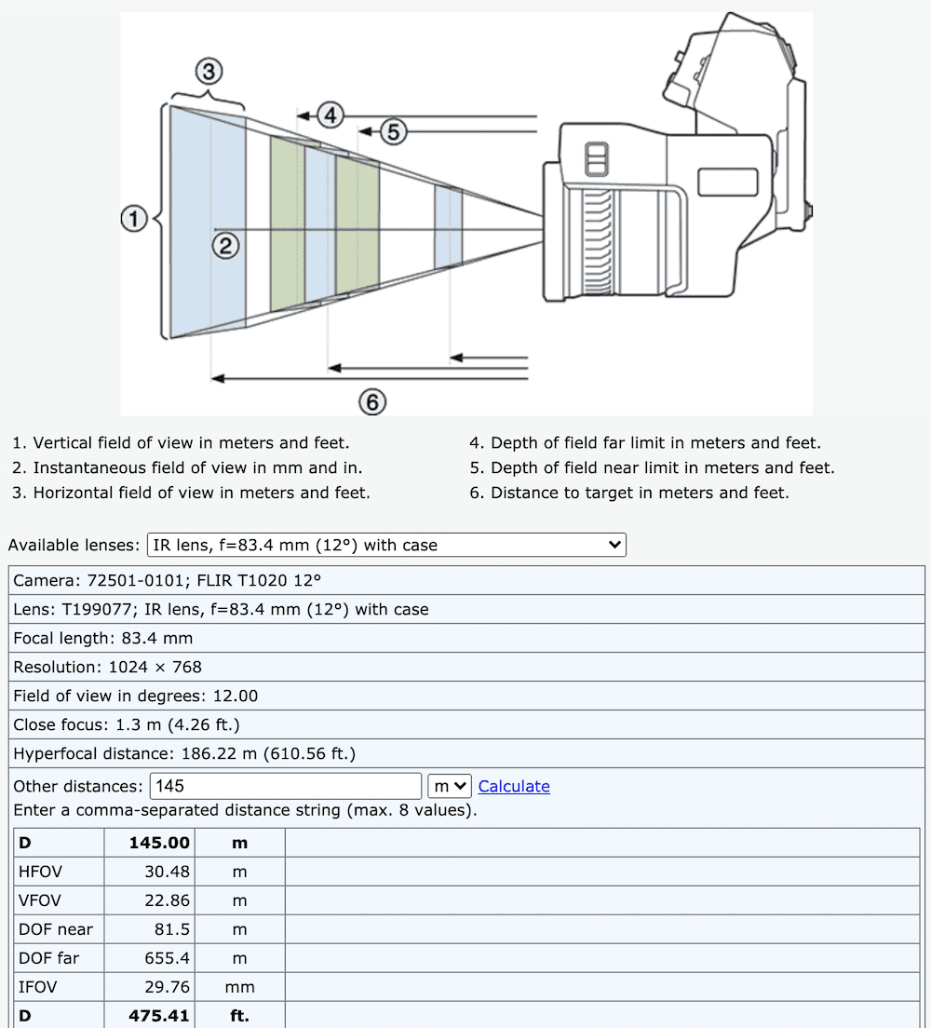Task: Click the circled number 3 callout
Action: click(209, 71)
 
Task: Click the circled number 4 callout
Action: click(331, 115)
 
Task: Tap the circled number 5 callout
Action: click(393, 132)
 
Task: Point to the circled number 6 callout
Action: click(372, 402)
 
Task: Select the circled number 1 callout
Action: click(135, 220)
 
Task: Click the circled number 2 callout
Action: click(226, 246)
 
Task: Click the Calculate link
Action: click(514, 787)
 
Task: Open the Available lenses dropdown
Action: click(386, 546)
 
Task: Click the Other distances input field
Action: click(286, 786)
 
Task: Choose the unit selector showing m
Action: click(450, 786)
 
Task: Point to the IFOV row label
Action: click(36, 987)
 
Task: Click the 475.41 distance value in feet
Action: click(159, 1016)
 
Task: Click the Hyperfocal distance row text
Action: click(184, 753)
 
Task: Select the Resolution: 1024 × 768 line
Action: click(108, 667)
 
